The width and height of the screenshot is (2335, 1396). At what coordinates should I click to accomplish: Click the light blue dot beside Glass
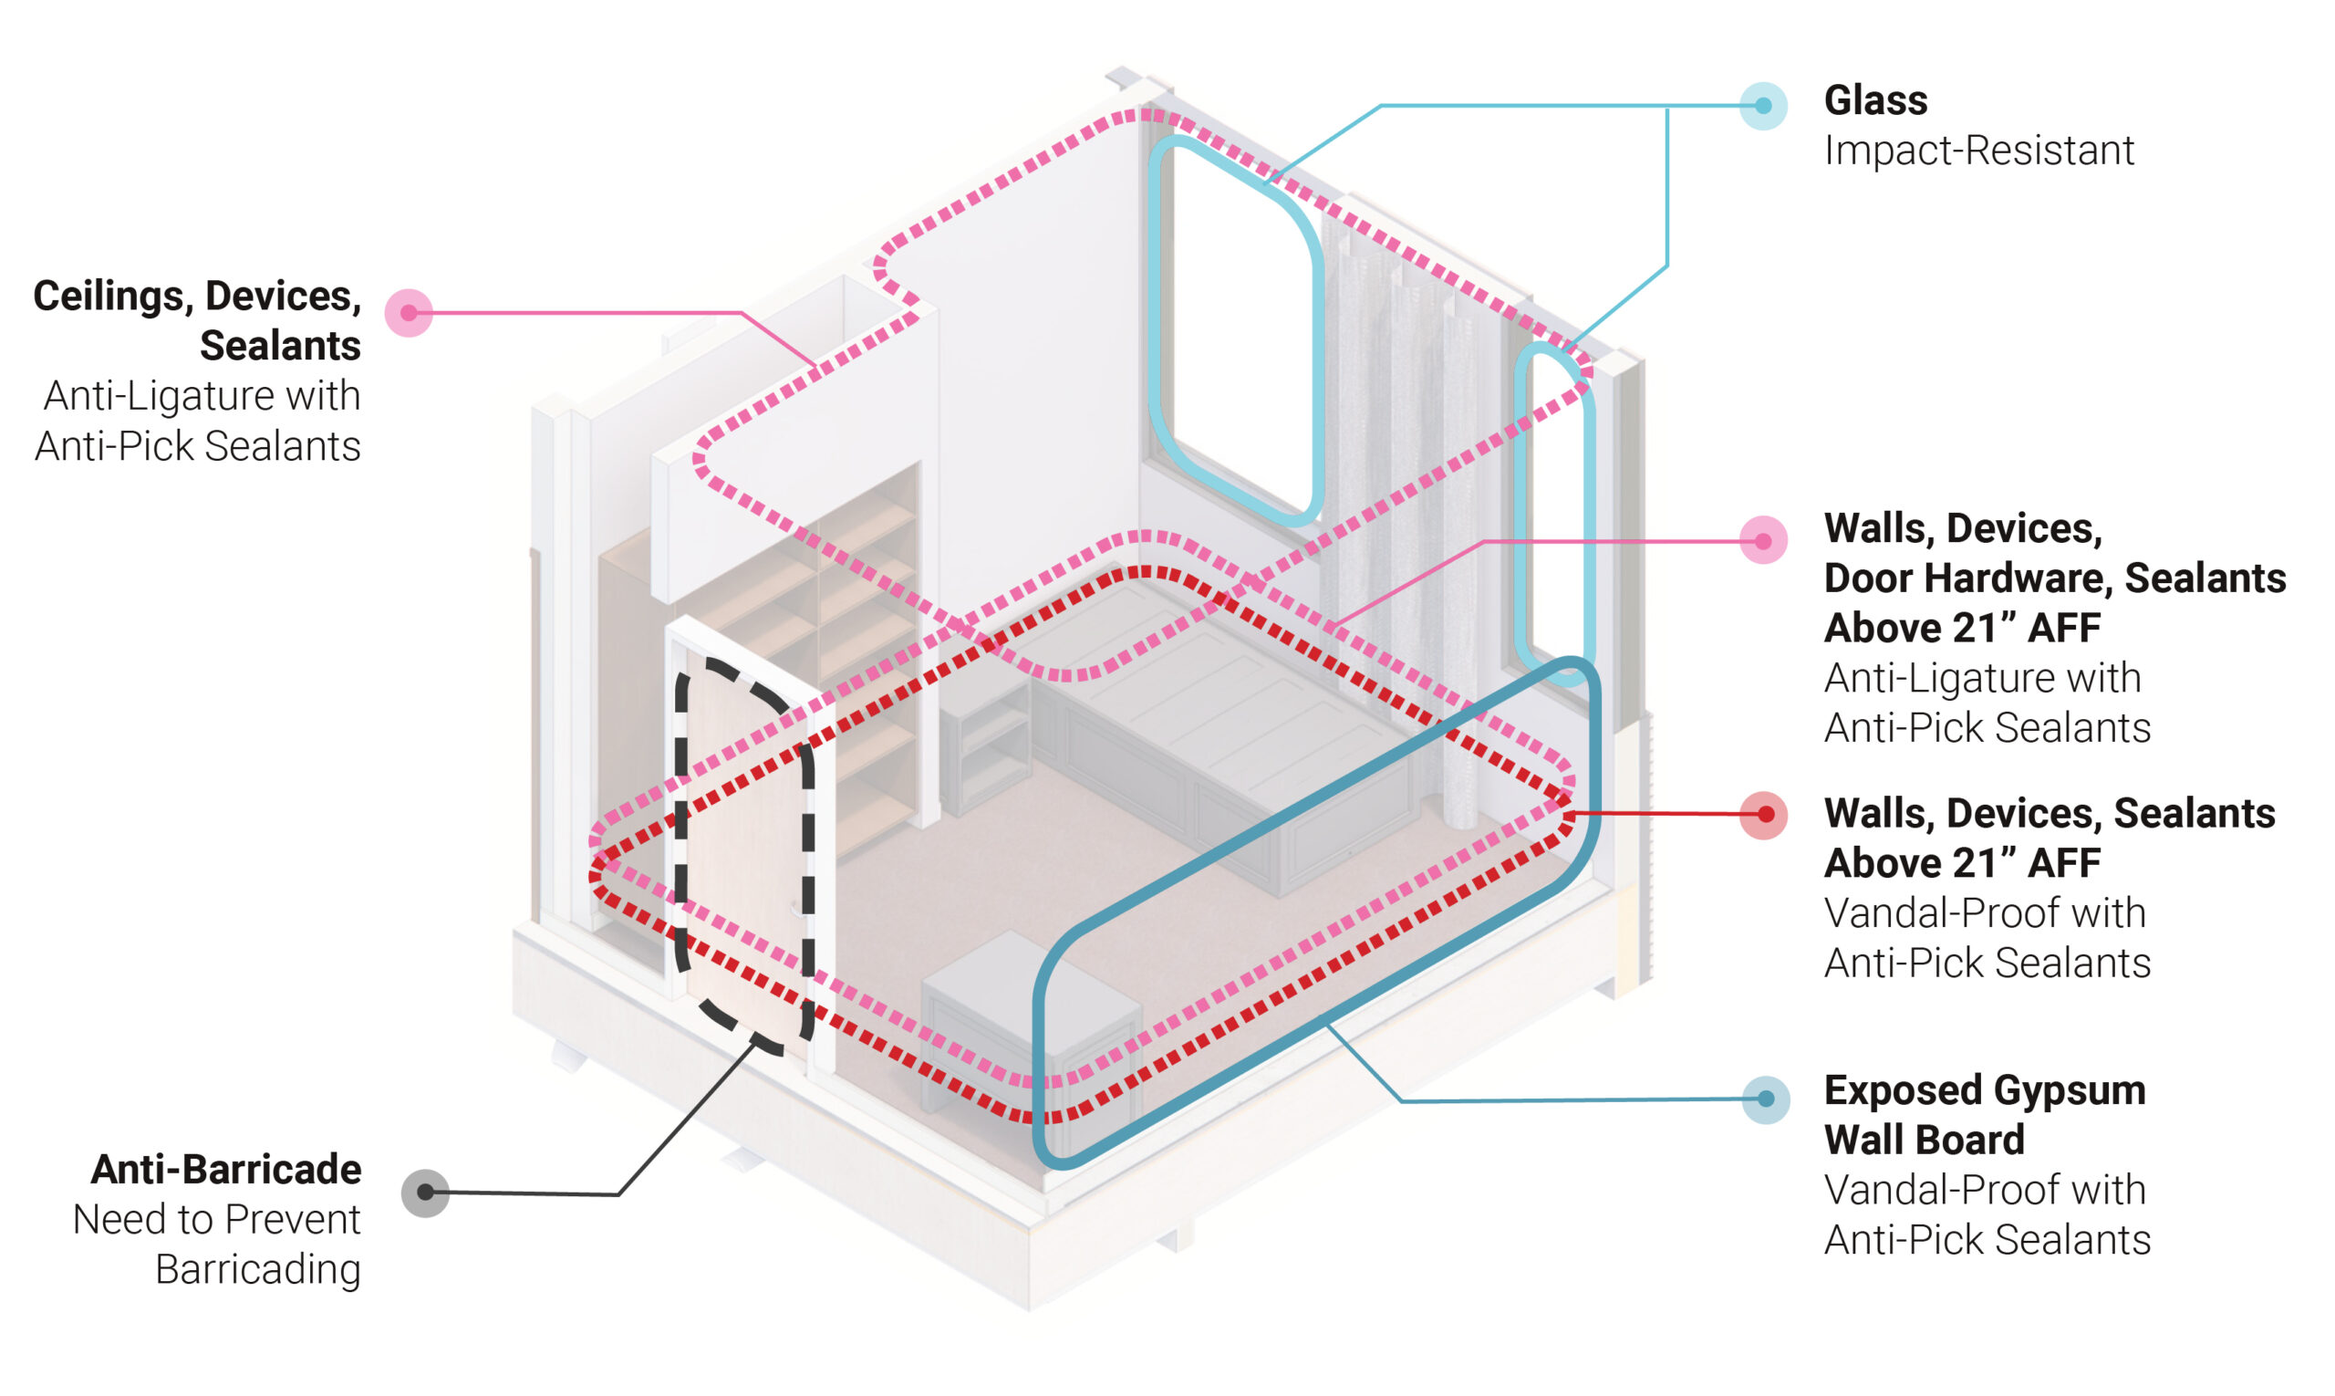click(x=1762, y=105)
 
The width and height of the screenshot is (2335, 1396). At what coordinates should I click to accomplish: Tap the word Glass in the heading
click(x=1875, y=100)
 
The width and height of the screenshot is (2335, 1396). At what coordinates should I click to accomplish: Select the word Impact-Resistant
click(x=1978, y=151)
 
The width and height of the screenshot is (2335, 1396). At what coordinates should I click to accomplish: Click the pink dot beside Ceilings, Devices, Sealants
click(x=409, y=312)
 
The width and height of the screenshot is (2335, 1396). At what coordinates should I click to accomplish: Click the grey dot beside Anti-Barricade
click(x=425, y=1192)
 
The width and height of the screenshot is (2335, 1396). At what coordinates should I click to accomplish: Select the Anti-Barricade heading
click(x=225, y=1170)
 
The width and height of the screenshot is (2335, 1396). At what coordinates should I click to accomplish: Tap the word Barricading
click(x=257, y=1269)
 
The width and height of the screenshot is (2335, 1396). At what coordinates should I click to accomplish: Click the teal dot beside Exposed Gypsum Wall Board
click(x=1765, y=1099)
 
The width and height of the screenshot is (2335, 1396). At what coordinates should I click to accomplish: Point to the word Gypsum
click(x=2069, y=1090)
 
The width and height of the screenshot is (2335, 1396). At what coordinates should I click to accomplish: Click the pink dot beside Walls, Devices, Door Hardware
click(x=1763, y=541)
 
